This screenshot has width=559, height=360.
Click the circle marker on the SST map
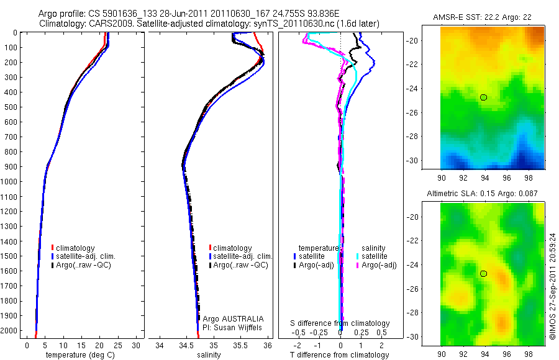pyautogui.click(x=483, y=97)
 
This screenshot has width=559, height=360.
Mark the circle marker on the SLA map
pyautogui.click(x=483, y=274)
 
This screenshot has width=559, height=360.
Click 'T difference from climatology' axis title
pyautogui.click(x=340, y=356)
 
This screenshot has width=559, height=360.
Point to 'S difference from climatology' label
pyautogui.click(x=340, y=323)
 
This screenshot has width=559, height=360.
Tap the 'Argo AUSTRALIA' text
pyautogui.click(x=229, y=318)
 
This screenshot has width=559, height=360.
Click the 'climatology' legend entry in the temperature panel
pyautogui.click(x=75, y=248)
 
